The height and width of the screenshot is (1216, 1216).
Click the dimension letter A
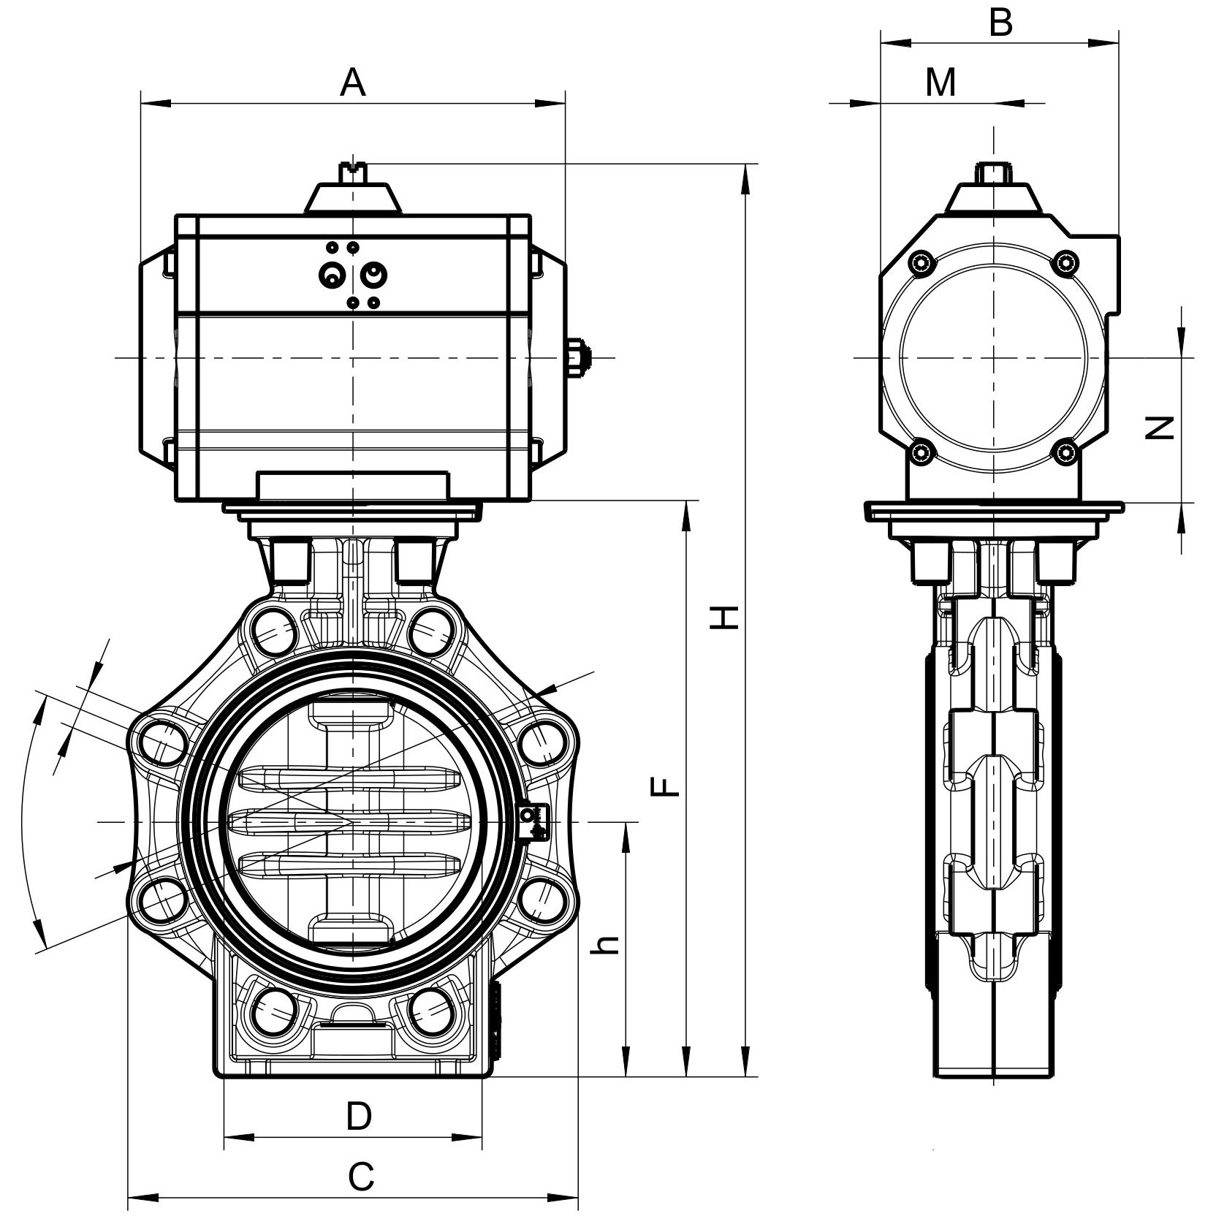tap(352, 83)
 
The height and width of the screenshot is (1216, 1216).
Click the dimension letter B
tap(1000, 23)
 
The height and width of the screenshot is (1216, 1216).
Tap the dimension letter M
tap(940, 83)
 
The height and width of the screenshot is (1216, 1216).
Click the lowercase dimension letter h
tap(607, 945)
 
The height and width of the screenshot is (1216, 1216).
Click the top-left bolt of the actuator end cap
tap(921, 262)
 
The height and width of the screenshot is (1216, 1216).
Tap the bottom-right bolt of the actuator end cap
tap(1067, 452)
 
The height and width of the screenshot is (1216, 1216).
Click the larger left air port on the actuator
tap(332, 275)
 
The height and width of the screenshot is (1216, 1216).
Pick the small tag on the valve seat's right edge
tap(531, 822)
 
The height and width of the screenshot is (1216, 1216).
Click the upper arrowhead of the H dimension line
tap(745, 179)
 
